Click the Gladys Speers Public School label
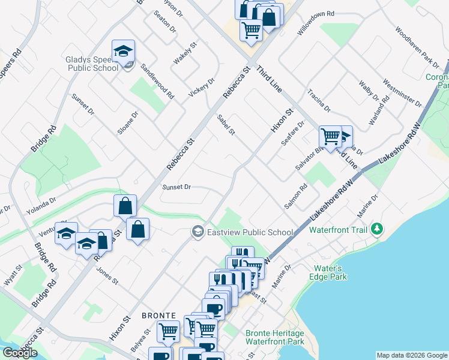92,64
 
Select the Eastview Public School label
250,232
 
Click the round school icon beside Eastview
197,232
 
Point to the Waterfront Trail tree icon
377,229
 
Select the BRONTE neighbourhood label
158,315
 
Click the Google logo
20,353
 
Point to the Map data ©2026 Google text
411,355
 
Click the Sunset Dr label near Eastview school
176,187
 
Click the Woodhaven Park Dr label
417,47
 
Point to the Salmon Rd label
296,196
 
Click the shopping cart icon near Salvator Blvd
330,137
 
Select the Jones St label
108,276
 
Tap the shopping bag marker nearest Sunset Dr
124,206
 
